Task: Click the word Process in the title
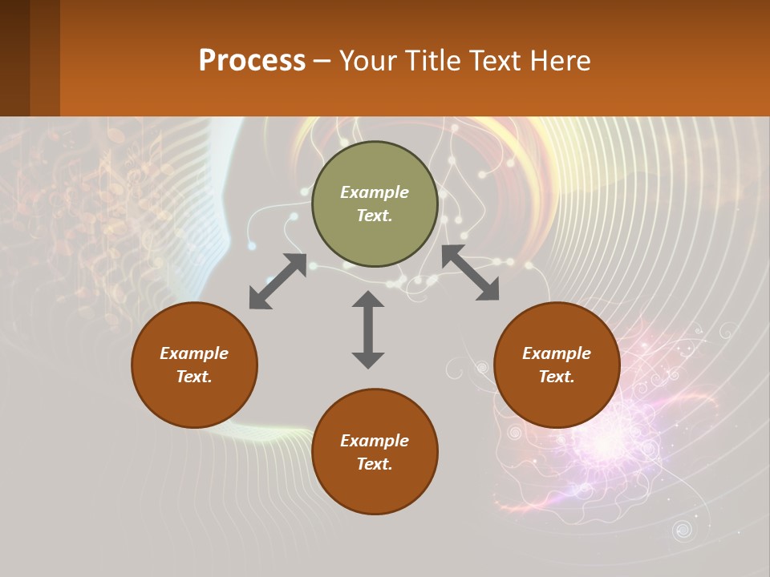(x=252, y=61)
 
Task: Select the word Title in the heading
(x=439, y=61)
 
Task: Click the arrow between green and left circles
(x=278, y=281)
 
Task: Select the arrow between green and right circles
(x=471, y=272)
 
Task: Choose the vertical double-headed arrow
(x=368, y=329)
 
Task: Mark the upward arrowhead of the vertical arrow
(x=368, y=298)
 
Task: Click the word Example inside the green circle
(x=375, y=192)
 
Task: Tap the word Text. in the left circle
(x=194, y=377)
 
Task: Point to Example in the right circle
(x=557, y=353)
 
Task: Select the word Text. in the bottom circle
(x=375, y=464)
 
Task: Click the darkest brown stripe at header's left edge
(x=14, y=58)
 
